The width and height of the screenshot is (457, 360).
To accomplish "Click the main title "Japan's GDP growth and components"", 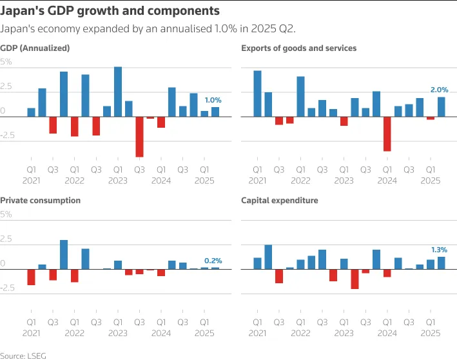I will coord(110,11).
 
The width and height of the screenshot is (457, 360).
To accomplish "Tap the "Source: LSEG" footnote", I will coord(23,355).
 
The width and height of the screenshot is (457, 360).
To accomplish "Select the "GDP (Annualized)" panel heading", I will coord(35,48).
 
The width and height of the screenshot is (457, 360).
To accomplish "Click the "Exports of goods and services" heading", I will coord(298,48).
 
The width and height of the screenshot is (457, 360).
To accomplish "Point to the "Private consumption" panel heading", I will coord(41,201).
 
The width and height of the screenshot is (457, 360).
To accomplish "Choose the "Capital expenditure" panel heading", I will coord(279,201).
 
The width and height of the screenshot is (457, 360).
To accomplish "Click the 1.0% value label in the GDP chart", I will coord(213,100).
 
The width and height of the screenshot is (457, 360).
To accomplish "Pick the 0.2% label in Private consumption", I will coord(213,261).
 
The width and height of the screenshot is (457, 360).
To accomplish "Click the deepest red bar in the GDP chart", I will coord(139,137).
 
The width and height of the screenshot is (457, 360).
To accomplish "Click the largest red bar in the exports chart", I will coord(387,134).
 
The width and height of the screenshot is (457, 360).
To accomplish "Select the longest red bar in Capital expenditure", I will coord(355,279).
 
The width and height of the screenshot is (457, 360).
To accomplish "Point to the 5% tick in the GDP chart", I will coord(6,62).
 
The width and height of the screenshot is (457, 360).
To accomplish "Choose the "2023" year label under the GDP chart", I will coord(117,181).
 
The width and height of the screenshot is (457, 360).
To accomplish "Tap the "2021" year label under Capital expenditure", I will coord(257,333).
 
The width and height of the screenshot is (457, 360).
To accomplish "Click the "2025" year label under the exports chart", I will coord(430,181).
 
